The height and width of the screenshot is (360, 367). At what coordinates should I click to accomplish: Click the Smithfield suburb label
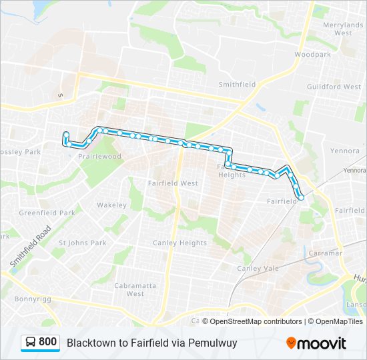coord(237,85)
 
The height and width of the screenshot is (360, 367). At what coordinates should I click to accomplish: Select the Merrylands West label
coord(342,28)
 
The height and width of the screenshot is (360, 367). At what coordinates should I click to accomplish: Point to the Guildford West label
coord(334,87)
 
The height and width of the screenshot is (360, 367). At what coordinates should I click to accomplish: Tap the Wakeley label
coord(111,205)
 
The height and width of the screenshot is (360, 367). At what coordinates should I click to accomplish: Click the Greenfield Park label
coord(47,213)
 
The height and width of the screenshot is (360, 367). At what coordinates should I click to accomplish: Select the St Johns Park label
coord(83,243)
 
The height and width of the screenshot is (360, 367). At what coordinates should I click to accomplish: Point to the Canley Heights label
coord(179,243)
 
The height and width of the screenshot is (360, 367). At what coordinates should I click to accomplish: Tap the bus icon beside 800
coord(31,343)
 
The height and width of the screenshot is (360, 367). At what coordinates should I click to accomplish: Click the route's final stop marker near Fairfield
coord(301,197)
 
